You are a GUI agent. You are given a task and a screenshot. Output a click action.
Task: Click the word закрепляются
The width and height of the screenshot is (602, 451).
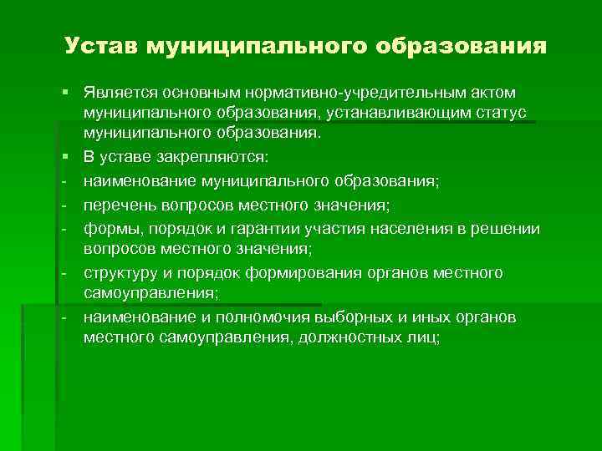[x=222, y=155]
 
